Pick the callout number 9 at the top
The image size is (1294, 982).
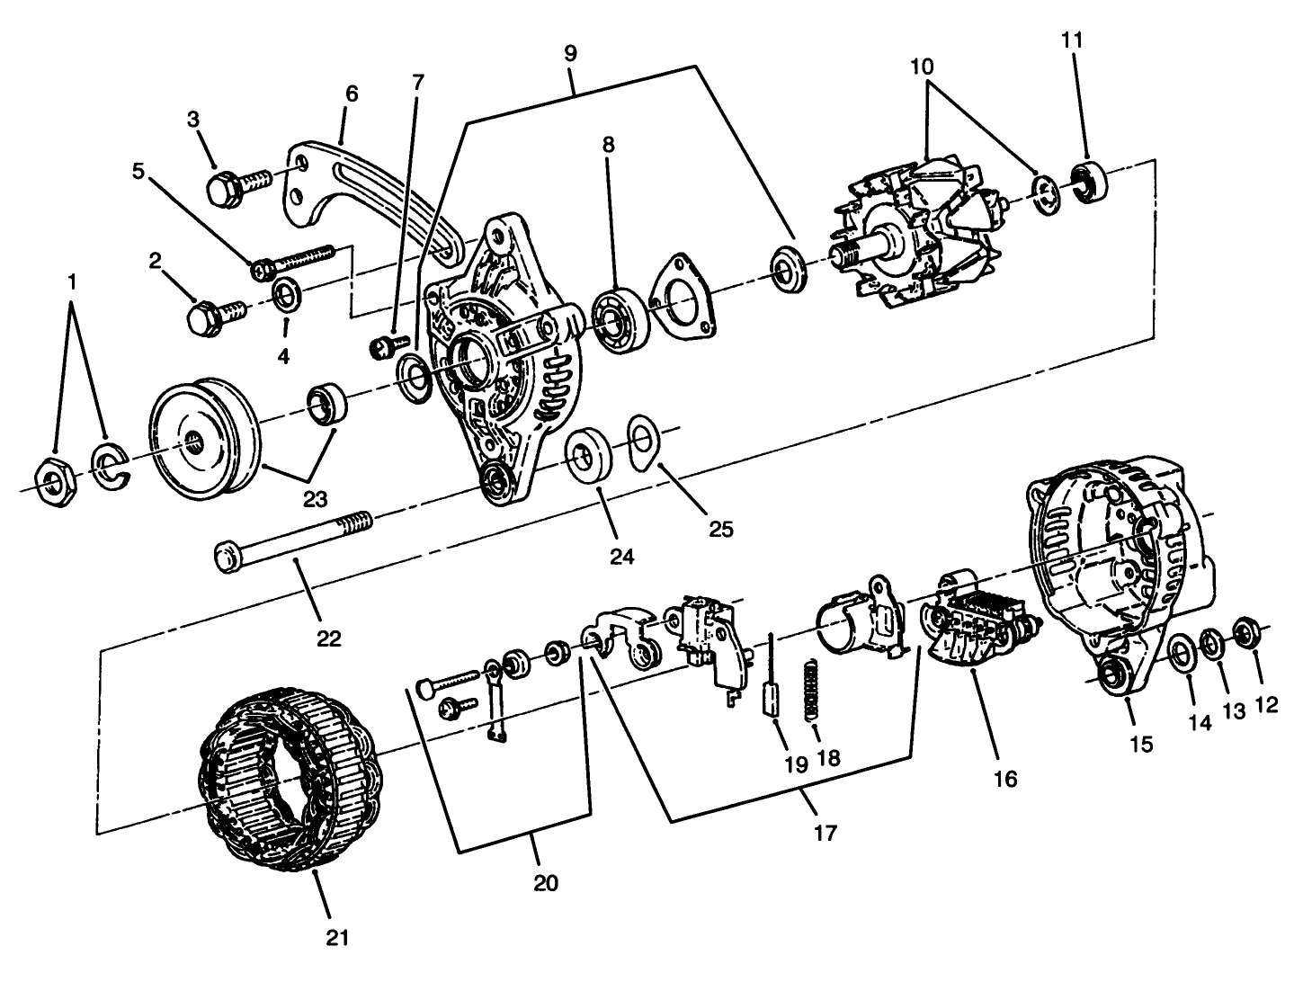pos(570,52)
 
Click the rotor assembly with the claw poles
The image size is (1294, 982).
pos(917,236)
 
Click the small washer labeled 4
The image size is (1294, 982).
pos(287,293)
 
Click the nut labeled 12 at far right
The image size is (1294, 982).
pos(1246,632)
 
